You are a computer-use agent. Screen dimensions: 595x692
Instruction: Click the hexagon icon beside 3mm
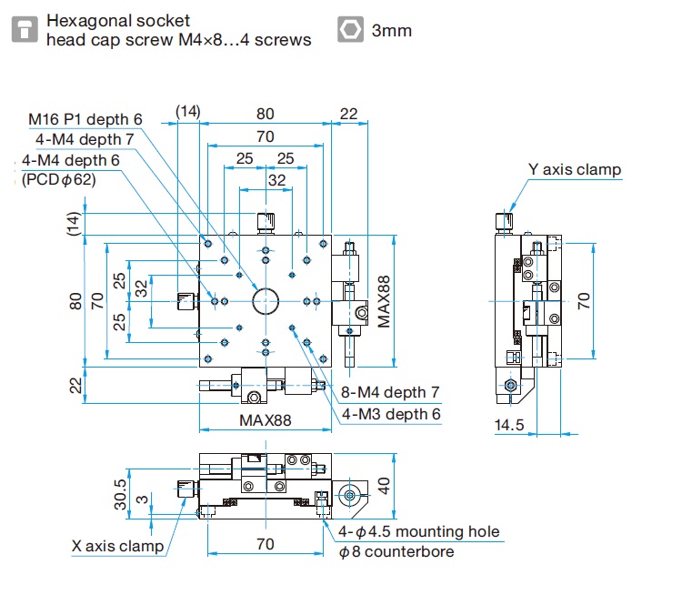348,30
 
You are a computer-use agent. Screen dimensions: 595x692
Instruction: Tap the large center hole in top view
265,299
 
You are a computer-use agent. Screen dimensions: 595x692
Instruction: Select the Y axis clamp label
575,169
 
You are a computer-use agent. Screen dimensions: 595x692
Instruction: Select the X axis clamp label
118,547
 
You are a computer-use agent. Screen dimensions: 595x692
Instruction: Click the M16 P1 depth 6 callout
85,119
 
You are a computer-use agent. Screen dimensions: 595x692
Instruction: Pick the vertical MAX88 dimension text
385,303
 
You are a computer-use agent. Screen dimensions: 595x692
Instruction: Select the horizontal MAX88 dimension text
266,420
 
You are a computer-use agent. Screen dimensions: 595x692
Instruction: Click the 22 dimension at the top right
348,114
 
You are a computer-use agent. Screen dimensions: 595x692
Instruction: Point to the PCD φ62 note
59,179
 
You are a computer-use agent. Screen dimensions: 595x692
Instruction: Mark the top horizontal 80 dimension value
265,114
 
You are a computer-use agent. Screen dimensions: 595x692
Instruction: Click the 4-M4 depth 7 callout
85,139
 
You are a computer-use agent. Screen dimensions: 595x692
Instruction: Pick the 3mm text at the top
392,31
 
